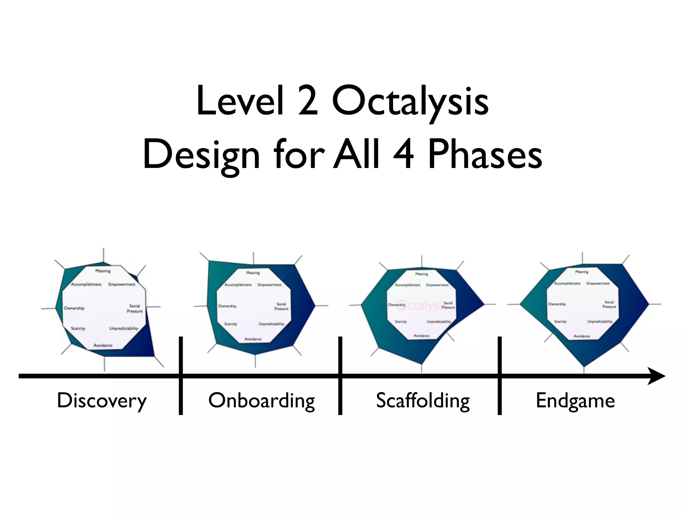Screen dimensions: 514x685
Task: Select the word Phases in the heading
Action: [485, 155]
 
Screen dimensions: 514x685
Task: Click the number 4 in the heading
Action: [403, 155]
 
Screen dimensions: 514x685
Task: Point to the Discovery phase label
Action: [102, 401]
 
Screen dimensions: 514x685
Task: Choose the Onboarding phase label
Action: [262, 401]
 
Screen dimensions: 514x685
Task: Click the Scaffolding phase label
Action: [423, 401]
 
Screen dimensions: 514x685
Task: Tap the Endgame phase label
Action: [575, 401]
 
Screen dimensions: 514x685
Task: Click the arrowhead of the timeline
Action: [656, 376]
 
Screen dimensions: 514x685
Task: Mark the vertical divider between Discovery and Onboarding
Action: [181, 376]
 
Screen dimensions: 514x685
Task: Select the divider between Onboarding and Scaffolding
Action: [340, 376]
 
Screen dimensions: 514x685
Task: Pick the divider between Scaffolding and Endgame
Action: [500, 376]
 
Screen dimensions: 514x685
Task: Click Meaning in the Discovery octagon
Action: [103, 271]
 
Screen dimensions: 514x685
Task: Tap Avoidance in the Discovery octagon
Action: [103, 345]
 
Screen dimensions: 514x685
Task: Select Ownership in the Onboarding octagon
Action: [227, 306]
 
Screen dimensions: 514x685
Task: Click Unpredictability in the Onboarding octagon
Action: [271, 324]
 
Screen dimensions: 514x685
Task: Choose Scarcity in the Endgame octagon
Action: [561, 321]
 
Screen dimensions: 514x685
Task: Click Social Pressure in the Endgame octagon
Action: [609, 304]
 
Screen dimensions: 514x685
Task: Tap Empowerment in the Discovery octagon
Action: [122, 284]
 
